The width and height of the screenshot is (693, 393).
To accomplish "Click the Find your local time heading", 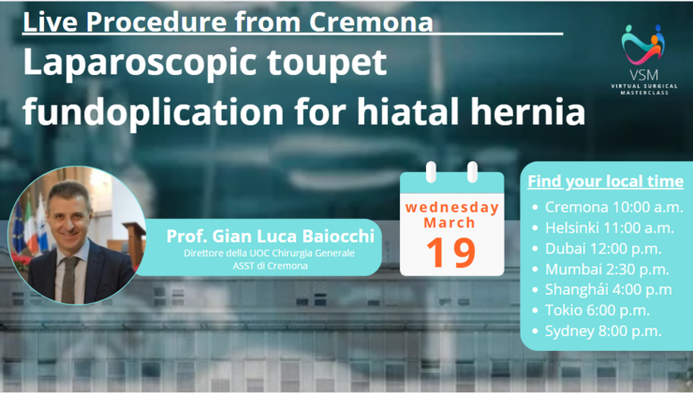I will [x=605, y=181].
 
